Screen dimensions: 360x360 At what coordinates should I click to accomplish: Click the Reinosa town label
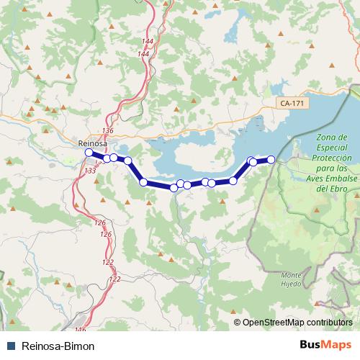pos(91,143)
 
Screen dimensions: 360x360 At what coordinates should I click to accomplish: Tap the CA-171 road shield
pos(292,104)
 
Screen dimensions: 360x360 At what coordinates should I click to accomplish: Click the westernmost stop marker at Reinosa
pos(89,153)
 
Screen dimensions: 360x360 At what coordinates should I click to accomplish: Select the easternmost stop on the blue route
pos(271,159)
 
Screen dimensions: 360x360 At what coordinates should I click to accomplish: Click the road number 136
pos(108,130)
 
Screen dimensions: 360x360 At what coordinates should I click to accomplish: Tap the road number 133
pos(90,171)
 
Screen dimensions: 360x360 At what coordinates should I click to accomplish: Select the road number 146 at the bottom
pos(80,330)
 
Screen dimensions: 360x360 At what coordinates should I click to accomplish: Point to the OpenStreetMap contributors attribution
pos(297,322)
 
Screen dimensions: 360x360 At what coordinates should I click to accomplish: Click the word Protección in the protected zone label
pos(333,157)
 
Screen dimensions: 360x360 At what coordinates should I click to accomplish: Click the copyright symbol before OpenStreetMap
pos(238,322)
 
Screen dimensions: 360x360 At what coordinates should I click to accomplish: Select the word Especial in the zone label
pos(333,147)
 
